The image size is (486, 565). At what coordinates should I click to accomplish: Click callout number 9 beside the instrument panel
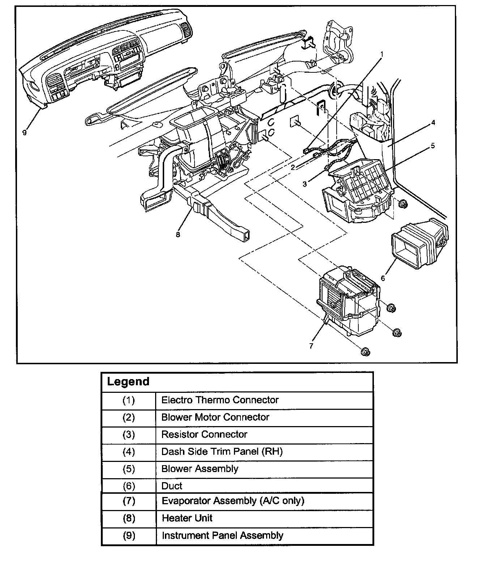(x=25, y=132)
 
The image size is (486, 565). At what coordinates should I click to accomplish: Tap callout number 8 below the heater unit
(x=178, y=234)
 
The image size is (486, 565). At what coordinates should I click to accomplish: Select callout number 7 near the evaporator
(x=311, y=346)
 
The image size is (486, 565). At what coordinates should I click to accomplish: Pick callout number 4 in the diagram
(x=433, y=123)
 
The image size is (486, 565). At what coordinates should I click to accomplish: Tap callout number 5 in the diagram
(x=433, y=146)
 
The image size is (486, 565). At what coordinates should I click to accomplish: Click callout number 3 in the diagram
(x=305, y=184)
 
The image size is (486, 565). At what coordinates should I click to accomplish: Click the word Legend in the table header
(x=128, y=382)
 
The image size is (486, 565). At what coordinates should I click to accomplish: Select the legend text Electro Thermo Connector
(x=220, y=400)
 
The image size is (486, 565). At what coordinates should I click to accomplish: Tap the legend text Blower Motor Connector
(x=215, y=417)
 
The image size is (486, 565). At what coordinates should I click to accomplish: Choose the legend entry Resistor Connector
(x=204, y=434)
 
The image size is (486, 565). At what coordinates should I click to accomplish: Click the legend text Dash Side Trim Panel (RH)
(x=222, y=451)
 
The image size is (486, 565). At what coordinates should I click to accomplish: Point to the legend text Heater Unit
(x=187, y=518)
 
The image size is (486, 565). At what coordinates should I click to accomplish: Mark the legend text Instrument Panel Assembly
(x=222, y=535)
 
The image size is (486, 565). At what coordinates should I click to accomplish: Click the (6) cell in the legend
(x=129, y=486)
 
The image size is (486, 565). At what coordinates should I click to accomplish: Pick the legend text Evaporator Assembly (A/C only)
(x=233, y=501)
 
